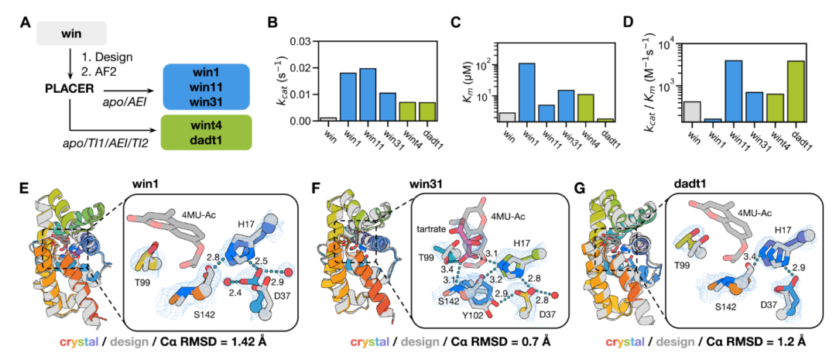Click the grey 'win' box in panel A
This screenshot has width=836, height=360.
(x=70, y=33)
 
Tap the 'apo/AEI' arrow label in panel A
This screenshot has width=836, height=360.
(x=127, y=99)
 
